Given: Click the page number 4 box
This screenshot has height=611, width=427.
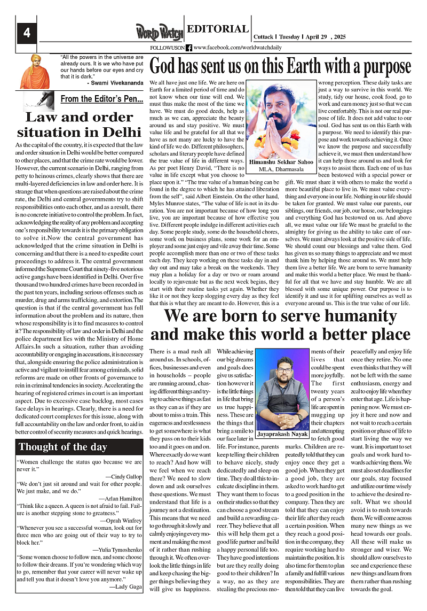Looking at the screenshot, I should pyautogui.click(x=26, y=33).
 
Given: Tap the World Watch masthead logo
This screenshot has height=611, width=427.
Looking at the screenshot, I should pyautogui.click(x=159, y=32).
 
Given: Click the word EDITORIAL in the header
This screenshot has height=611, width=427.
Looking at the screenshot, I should pyautogui.click(x=218, y=29).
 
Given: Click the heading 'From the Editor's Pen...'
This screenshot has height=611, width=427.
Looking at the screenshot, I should pyautogui.click(x=101, y=99).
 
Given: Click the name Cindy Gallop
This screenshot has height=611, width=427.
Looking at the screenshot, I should pyautogui.click(x=126, y=477).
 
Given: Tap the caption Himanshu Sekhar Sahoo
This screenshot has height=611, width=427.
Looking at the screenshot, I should pyautogui.click(x=281, y=161).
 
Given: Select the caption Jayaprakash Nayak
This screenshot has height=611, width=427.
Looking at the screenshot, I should pyautogui.click(x=281, y=434).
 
